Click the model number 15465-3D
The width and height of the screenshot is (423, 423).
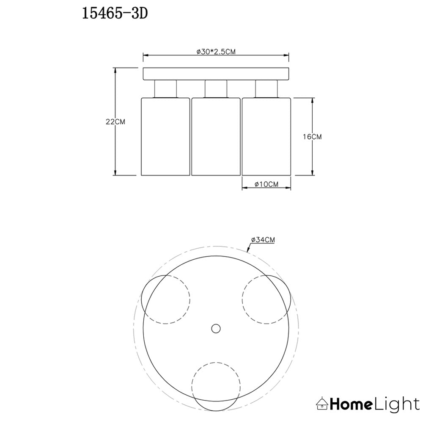click(115, 14)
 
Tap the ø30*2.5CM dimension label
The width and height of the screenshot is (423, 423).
click(216, 52)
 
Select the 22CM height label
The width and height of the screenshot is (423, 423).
click(115, 122)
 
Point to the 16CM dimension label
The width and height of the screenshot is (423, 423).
click(312, 137)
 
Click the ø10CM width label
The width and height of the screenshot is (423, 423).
click(266, 184)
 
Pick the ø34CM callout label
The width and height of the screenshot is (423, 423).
click(263, 239)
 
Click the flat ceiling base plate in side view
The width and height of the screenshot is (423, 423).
click(216, 74)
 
